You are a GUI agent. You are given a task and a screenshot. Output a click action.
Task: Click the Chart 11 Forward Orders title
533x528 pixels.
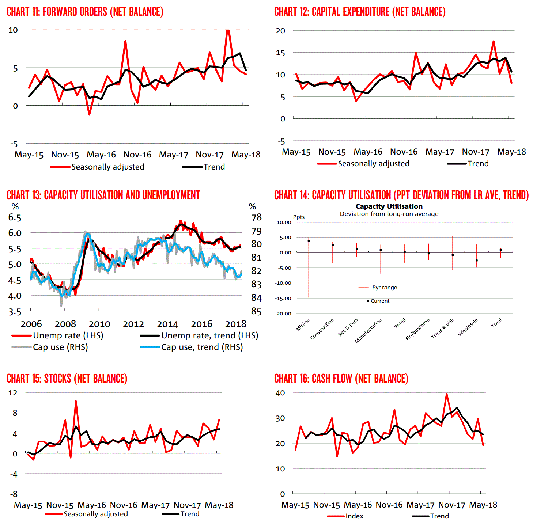click(85, 12)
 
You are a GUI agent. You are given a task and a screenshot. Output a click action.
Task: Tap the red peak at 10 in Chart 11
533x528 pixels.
click(228, 30)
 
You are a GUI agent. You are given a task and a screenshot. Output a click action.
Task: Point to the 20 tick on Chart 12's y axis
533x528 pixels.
click(280, 31)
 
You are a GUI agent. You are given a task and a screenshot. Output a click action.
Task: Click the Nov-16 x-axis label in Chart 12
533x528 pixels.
click(404, 152)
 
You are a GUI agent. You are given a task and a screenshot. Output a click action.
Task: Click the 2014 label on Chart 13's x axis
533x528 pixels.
click(167, 324)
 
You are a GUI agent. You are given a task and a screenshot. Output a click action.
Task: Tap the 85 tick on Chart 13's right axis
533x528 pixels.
click(256, 312)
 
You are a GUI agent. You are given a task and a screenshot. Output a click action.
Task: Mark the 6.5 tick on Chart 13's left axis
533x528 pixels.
click(15, 218)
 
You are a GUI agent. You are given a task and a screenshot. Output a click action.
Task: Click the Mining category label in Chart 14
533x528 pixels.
click(303, 324)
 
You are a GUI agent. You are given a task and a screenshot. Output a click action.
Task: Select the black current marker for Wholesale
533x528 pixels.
click(477, 261)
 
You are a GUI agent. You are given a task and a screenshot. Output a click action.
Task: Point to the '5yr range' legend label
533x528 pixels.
click(385, 288)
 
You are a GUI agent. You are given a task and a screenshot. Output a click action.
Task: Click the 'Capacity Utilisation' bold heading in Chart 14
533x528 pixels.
click(389, 206)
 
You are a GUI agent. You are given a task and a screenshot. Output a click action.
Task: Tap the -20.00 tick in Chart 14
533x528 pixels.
click(283, 314)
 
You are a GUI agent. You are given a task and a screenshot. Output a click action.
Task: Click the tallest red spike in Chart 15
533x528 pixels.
click(76, 401)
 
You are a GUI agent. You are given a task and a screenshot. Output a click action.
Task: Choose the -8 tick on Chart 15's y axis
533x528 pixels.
click(14, 494)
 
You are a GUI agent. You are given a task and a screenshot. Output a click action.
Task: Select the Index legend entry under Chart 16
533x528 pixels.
click(354, 516)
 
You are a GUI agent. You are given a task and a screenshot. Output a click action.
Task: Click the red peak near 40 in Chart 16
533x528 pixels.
click(446, 394)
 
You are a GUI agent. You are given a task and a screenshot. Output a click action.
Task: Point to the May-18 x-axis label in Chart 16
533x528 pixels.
click(483, 505)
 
